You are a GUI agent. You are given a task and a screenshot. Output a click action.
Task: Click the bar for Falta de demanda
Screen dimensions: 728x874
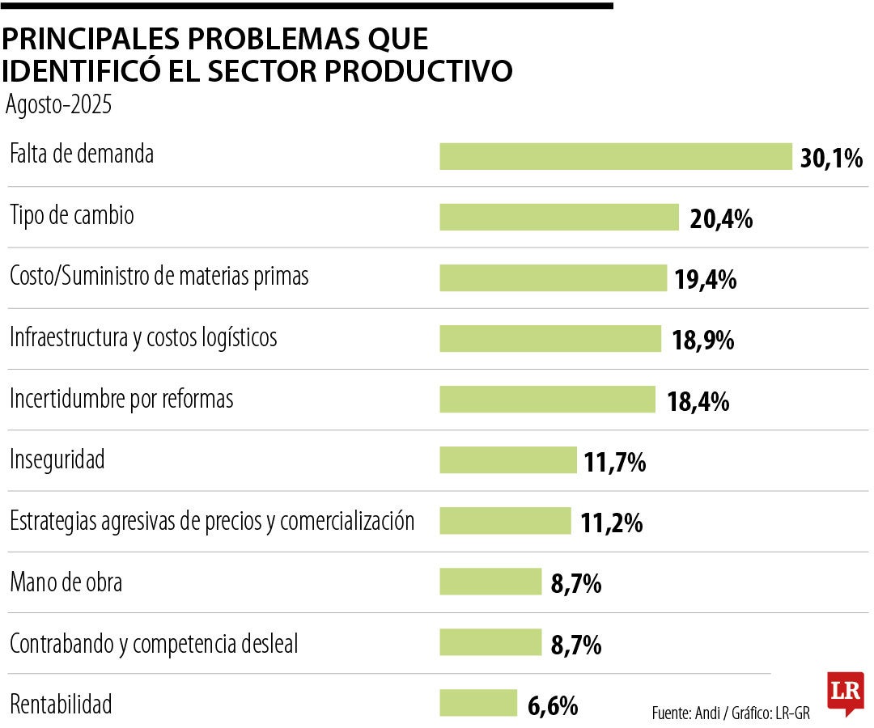615,156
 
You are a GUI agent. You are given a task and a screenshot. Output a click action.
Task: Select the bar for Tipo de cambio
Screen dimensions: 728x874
558,217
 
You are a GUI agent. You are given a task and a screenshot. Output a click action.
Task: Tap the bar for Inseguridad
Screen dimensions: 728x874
507,459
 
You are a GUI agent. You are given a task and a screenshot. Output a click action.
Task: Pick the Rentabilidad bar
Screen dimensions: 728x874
477,703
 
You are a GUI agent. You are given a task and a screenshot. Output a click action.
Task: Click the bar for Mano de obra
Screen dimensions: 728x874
490,582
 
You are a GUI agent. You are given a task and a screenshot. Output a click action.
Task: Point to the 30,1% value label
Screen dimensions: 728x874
831,158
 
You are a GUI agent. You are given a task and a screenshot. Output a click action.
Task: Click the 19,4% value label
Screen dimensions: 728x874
705,280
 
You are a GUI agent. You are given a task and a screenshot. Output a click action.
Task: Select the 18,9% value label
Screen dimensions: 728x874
702,341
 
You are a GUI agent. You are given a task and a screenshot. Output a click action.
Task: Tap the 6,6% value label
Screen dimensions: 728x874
553,706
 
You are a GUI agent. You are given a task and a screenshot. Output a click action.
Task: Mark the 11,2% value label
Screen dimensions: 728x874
611,523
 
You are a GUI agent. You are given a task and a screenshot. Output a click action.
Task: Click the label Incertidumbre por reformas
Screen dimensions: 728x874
121,399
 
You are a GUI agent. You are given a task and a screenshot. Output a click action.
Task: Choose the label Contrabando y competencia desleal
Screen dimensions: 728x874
154,645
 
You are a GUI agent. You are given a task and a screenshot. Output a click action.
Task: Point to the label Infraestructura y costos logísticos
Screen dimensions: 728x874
143,337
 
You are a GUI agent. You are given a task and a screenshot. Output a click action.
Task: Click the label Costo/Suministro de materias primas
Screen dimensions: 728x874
159,277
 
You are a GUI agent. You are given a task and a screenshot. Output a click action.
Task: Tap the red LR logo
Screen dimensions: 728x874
845,692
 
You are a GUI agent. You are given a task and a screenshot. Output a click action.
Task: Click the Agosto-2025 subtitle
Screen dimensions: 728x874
58,106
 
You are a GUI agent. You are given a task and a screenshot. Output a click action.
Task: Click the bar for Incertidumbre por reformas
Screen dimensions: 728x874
547,399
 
